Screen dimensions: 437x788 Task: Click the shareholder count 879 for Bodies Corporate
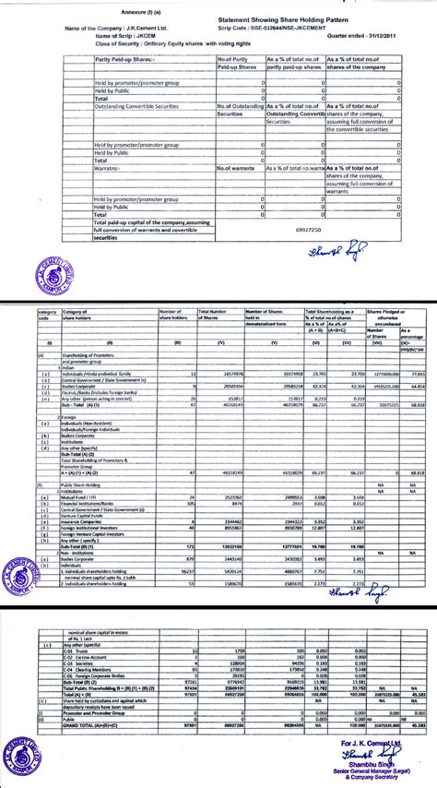(x=191, y=559)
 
